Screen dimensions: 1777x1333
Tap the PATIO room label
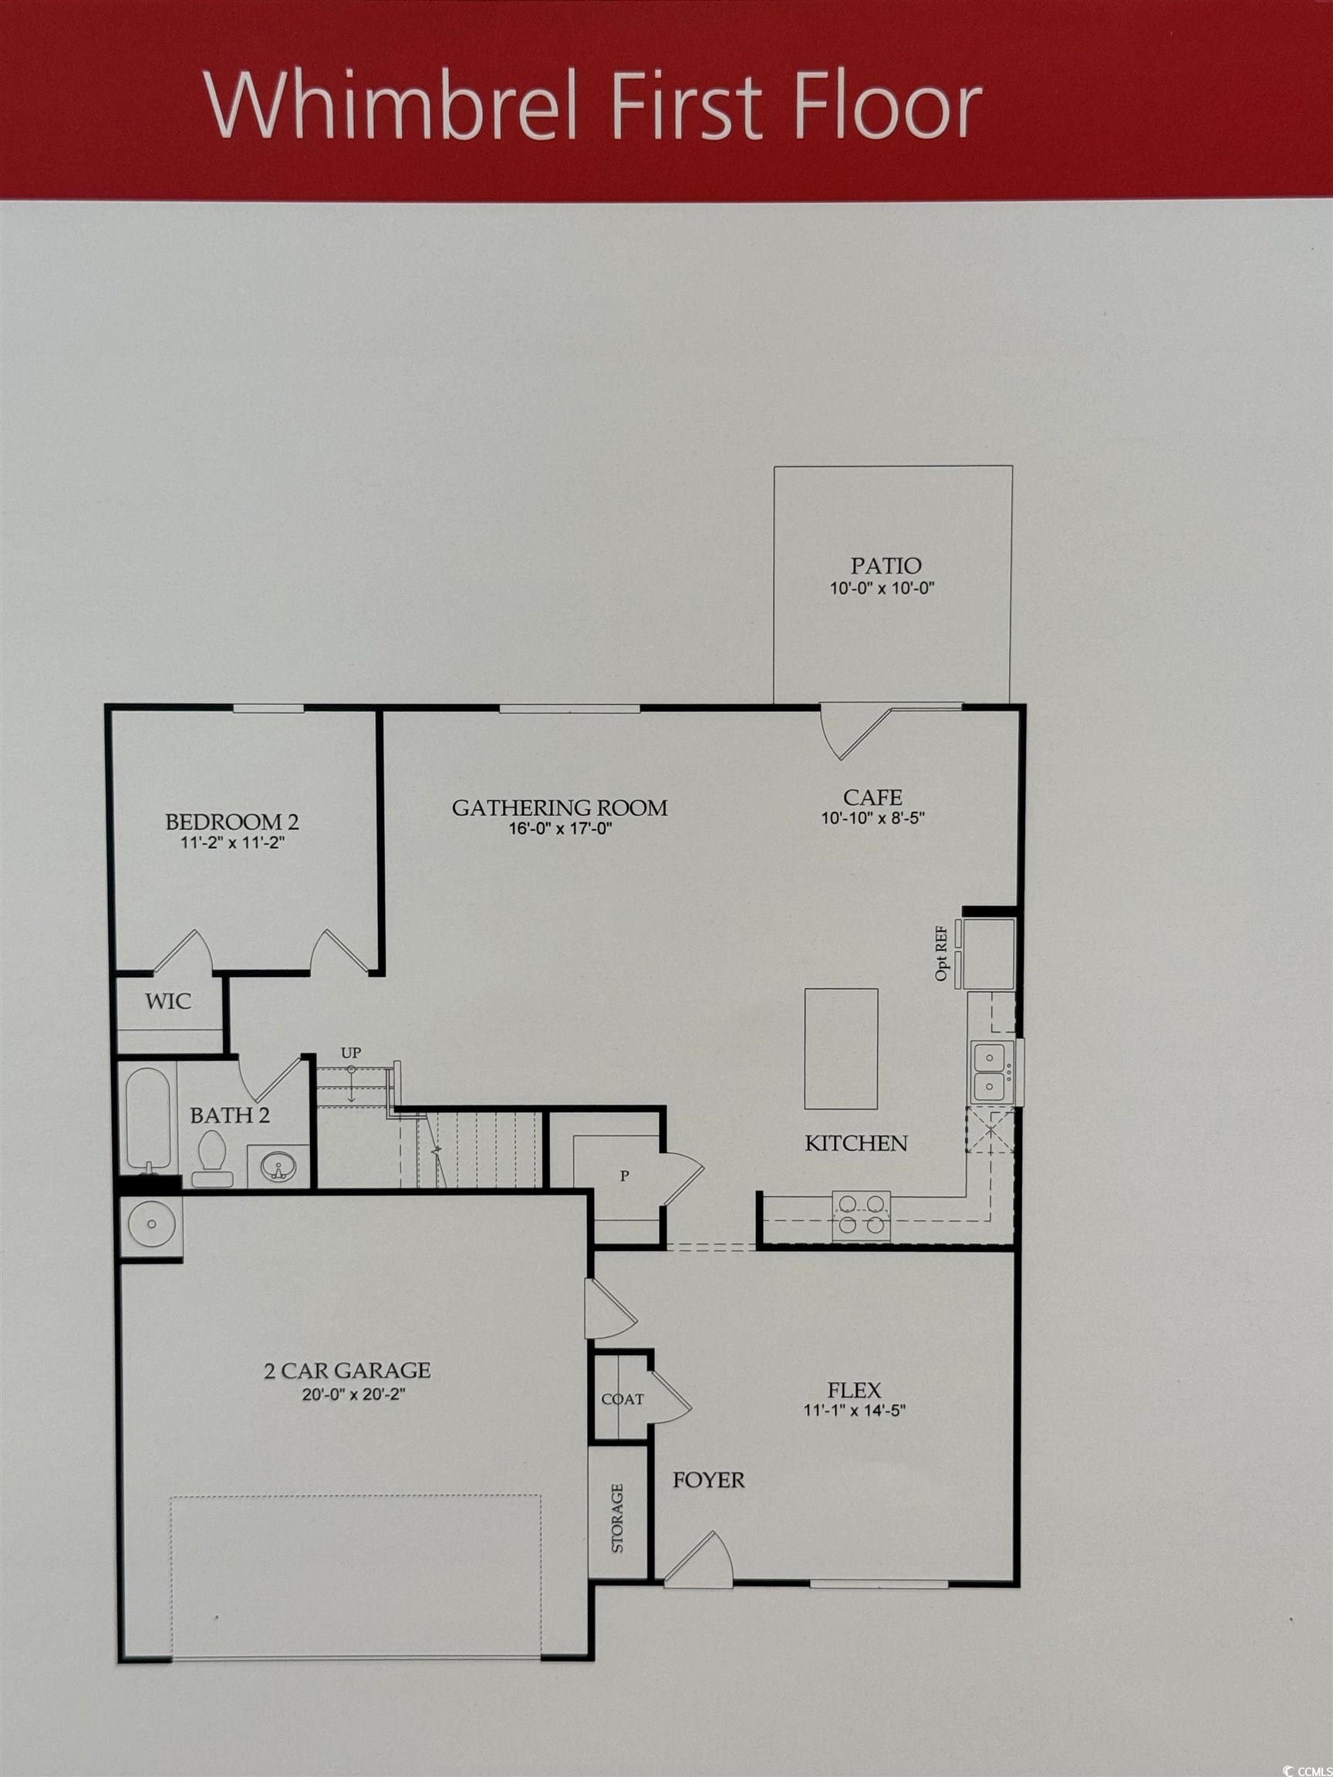(886, 565)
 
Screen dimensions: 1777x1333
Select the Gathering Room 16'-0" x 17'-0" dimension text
(560, 829)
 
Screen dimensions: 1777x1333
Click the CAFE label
(872, 797)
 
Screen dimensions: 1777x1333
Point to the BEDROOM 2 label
(231, 822)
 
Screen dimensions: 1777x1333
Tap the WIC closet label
(168, 1001)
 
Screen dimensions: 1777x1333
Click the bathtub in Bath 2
(148, 1118)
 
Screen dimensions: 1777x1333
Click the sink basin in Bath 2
(278, 1165)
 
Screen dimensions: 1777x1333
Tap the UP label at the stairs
(351, 1052)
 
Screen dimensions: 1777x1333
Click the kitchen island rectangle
(841, 1048)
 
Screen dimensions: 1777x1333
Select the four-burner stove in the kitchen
(862, 1214)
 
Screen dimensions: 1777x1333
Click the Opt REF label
(942, 953)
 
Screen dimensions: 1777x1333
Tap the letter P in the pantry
(623, 1176)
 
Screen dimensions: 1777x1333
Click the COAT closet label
(622, 1399)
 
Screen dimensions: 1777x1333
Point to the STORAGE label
(617, 1518)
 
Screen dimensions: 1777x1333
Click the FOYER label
(709, 1480)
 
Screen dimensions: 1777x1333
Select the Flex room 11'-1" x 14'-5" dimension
(854, 1410)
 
